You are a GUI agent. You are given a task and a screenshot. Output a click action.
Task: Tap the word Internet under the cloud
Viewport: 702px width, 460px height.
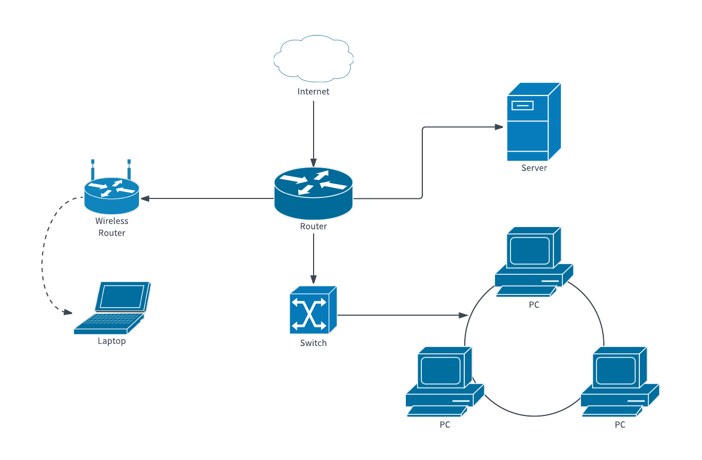(x=314, y=92)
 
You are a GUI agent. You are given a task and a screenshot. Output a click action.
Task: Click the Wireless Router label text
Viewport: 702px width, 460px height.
(x=112, y=227)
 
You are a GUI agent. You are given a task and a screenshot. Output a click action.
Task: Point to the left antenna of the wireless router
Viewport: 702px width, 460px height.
(x=93, y=169)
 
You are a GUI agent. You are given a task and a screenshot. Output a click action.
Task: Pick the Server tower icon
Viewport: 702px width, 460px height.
(x=533, y=122)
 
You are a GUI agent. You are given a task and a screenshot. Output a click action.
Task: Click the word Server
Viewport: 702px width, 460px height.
(x=534, y=168)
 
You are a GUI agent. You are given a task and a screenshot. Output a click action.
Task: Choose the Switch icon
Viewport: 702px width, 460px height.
(x=313, y=310)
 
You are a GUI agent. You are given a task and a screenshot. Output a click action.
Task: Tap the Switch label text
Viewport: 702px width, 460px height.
(x=314, y=343)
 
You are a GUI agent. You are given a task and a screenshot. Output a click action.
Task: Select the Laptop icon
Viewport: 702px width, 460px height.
(x=112, y=308)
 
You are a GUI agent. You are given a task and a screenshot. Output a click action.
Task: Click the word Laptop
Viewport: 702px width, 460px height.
(x=112, y=341)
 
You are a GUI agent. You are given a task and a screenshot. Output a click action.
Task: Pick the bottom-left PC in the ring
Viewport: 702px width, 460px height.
(x=445, y=381)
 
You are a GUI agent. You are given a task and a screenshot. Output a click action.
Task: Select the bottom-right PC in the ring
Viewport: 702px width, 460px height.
(x=619, y=381)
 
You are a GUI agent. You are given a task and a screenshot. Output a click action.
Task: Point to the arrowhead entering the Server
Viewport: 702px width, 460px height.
(x=499, y=127)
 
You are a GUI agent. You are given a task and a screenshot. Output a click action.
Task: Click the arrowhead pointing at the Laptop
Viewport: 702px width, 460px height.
(x=67, y=313)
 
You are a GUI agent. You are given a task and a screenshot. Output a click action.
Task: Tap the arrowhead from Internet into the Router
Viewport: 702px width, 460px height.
(x=314, y=162)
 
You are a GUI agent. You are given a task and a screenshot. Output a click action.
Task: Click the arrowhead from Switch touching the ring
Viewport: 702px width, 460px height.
(x=462, y=315)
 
